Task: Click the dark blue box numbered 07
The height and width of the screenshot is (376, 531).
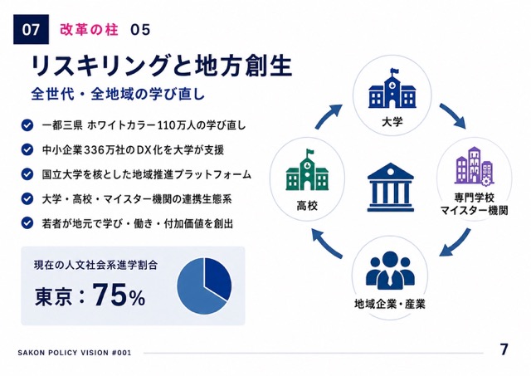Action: (31, 30)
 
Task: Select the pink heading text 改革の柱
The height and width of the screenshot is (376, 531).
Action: (89, 30)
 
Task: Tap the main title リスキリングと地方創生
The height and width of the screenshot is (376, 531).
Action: (161, 66)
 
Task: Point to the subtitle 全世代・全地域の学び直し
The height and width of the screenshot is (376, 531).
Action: (118, 94)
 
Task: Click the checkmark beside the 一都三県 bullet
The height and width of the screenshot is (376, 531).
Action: (27, 125)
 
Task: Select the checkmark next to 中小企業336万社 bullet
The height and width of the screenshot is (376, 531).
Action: (27, 149)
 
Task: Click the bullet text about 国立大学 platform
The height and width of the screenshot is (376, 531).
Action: (147, 174)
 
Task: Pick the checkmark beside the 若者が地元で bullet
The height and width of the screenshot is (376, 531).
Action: (27, 223)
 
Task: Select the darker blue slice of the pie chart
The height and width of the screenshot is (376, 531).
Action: (217, 278)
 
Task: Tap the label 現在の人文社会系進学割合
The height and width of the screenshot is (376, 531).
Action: (96, 265)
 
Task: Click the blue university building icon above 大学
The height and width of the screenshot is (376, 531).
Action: (392, 88)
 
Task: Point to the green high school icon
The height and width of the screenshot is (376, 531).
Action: (307, 170)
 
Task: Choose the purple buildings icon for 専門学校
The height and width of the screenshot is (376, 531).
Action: (474, 166)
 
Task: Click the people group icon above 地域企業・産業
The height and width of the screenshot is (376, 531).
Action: (390, 270)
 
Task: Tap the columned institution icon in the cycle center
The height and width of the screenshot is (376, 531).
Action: (391, 188)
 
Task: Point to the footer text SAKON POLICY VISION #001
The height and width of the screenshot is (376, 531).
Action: (75, 353)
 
